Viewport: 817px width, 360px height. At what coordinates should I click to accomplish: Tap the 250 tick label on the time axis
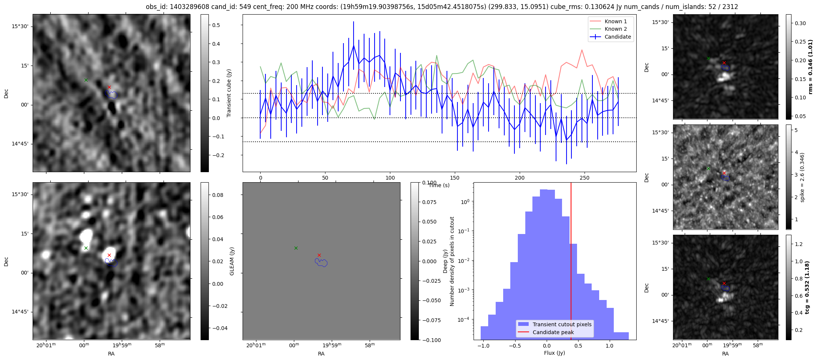pos(585,178)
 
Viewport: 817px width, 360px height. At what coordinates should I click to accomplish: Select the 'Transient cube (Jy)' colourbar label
pos(229,93)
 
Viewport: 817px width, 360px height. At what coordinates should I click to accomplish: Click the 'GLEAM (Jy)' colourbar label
pos(232,261)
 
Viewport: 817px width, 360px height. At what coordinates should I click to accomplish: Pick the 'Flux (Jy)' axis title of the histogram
pos(555,353)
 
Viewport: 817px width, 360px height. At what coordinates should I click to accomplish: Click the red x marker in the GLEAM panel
pos(319,255)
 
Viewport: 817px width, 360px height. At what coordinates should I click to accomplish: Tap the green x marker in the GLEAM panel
pos(296,248)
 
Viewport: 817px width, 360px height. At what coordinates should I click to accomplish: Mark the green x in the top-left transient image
pos(86,80)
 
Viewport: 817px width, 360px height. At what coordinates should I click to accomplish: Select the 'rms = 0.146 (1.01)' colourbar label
pos(811,67)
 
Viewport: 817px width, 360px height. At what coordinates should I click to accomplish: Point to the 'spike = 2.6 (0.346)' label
pos(802,177)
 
